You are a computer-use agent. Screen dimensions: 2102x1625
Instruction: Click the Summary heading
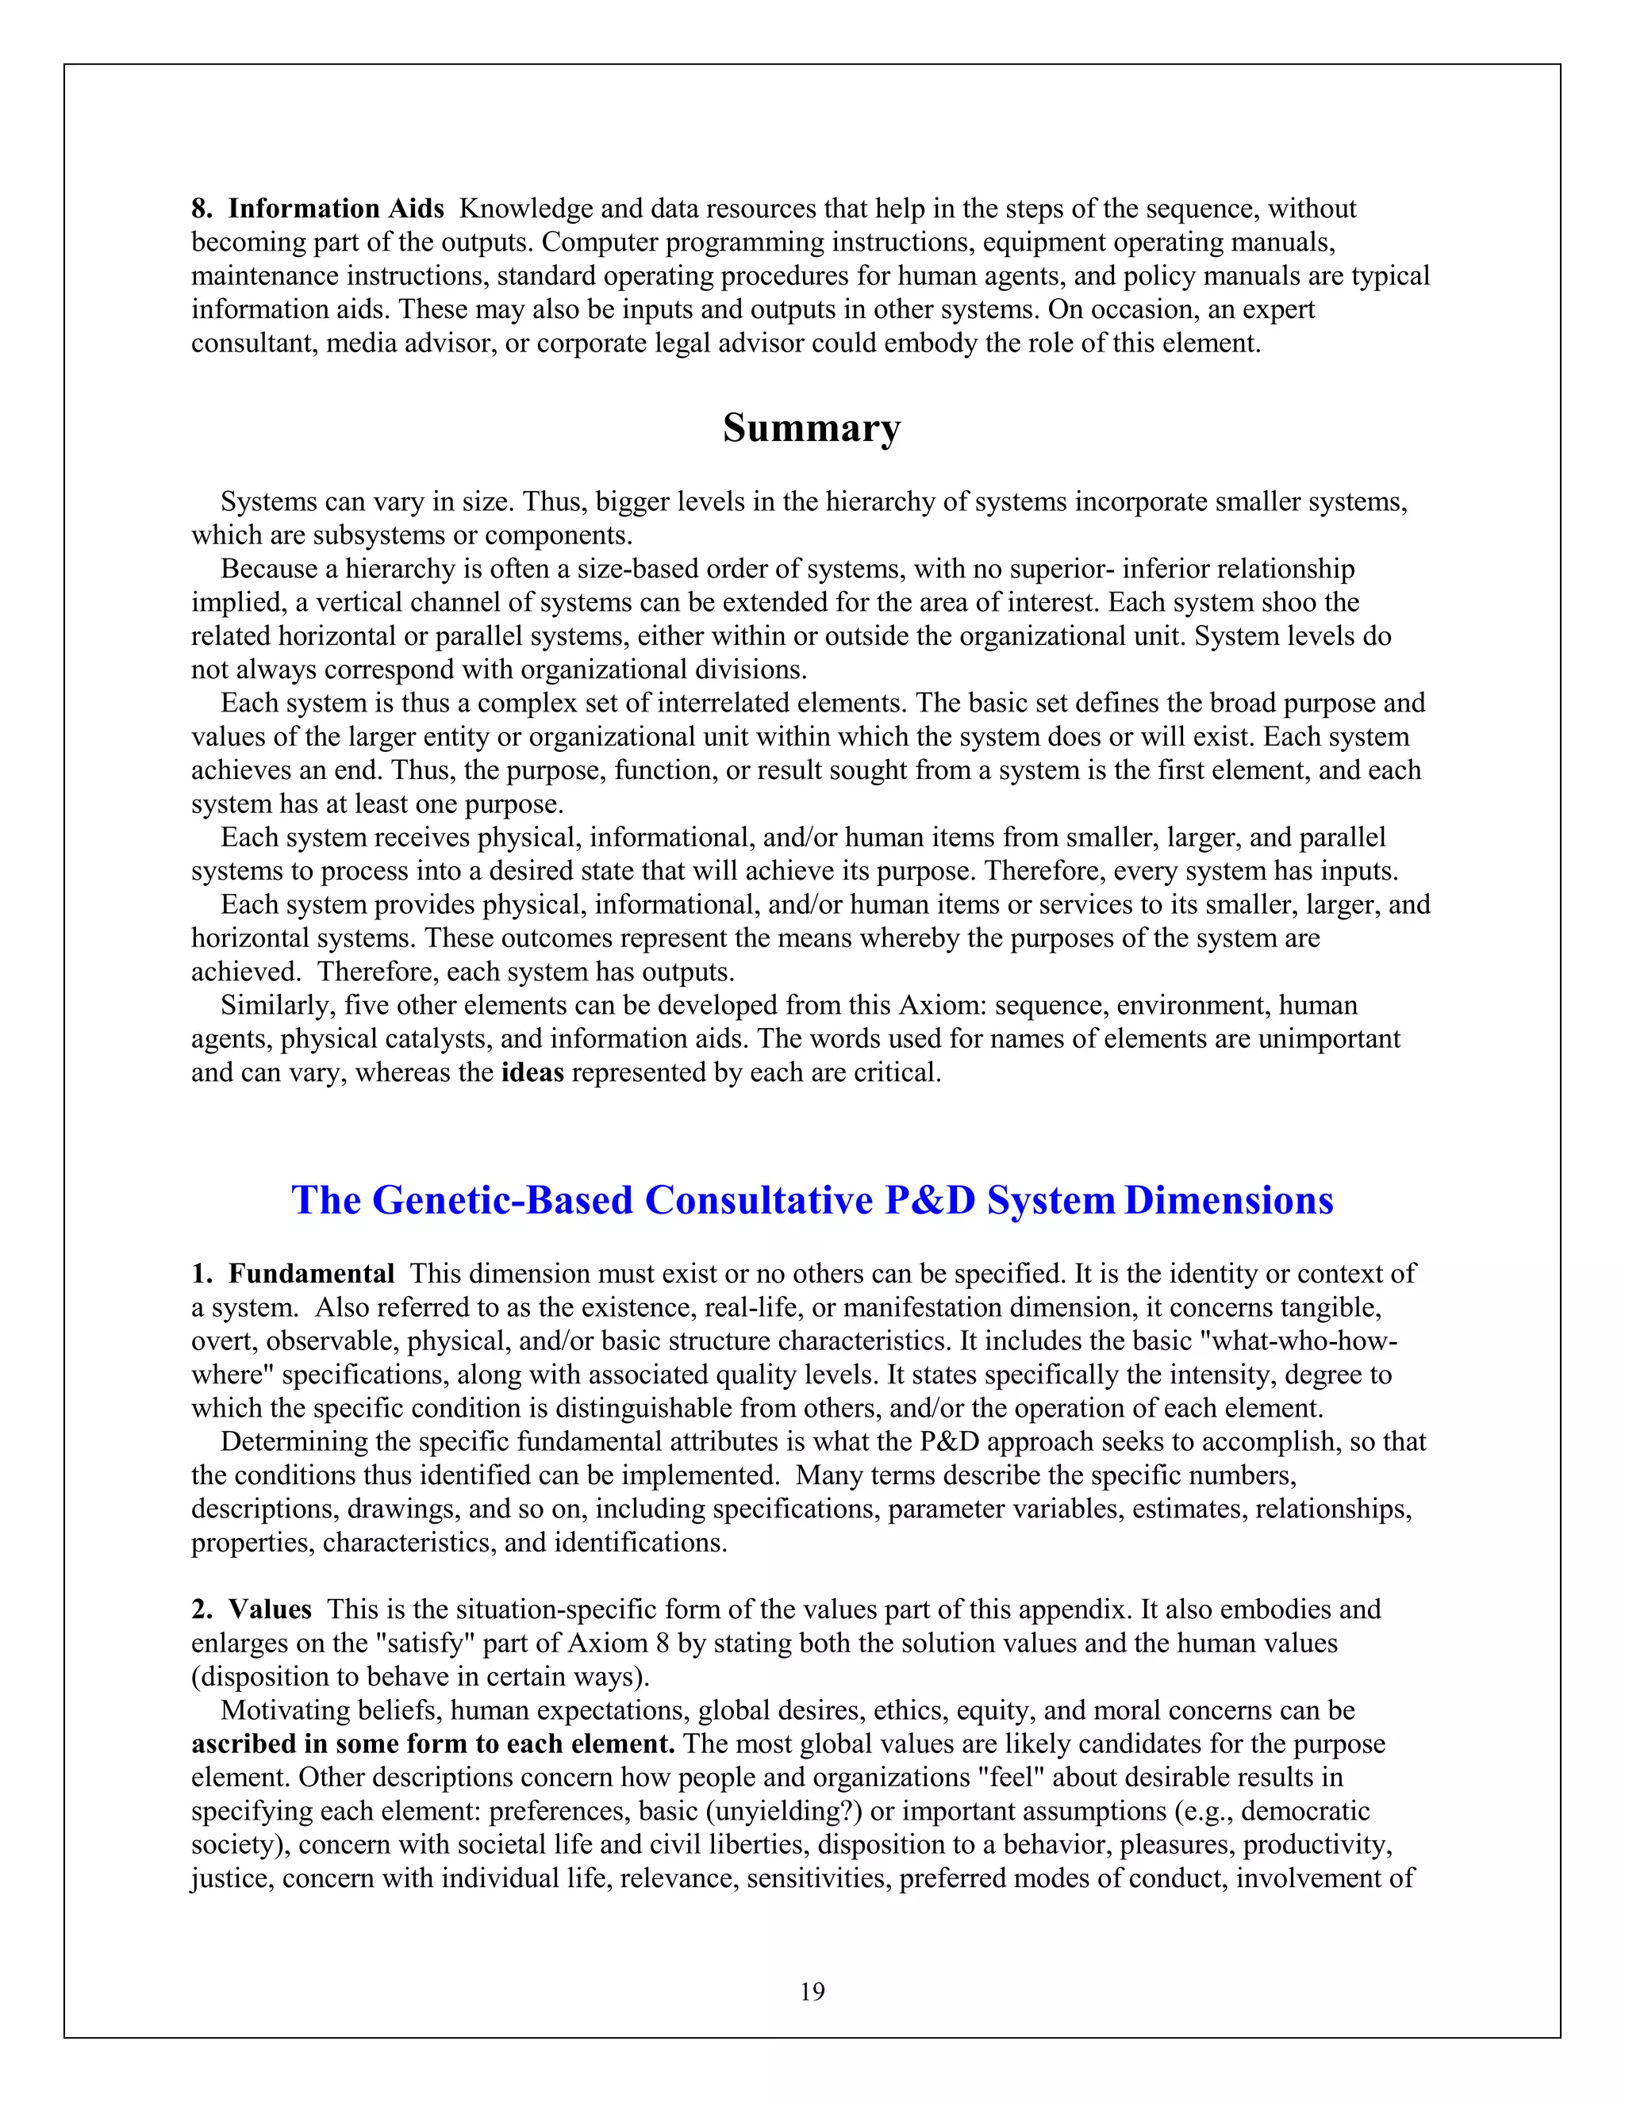tap(812, 429)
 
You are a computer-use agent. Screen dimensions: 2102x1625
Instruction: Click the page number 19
tap(812, 1991)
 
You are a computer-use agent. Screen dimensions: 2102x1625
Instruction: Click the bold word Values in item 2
tap(270, 1609)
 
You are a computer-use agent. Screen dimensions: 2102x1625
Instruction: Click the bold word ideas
tap(532, 1072)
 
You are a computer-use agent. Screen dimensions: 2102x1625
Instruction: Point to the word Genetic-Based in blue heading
tap(501, 1200)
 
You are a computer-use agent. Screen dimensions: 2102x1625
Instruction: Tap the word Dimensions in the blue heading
tap(1228, 1200)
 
